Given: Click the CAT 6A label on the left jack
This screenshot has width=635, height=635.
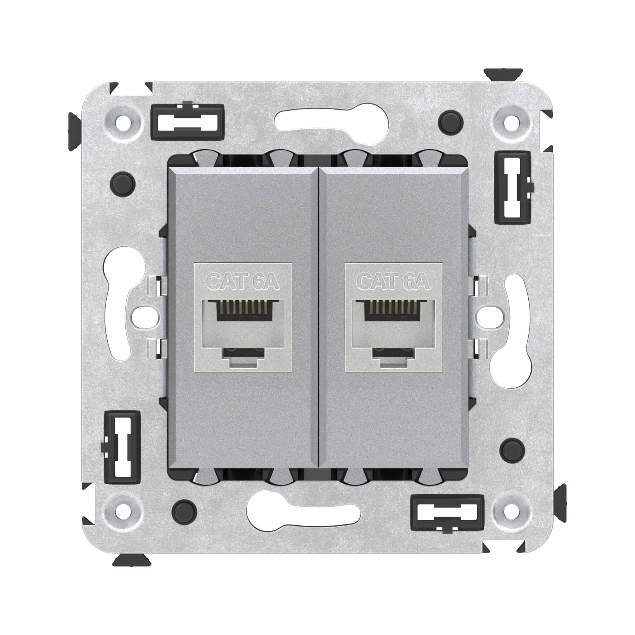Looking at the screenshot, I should tap(243, 282).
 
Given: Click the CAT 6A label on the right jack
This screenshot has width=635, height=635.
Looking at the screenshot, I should tap(393, 282).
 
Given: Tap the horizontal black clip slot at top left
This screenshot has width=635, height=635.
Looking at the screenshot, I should tap(188, 121).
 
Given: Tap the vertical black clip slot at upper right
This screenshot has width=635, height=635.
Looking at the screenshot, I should tap(512, 188).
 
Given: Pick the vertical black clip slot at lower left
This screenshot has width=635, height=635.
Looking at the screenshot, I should tap(122, 447).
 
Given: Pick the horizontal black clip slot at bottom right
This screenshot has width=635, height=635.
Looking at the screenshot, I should tap(447, 514).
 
